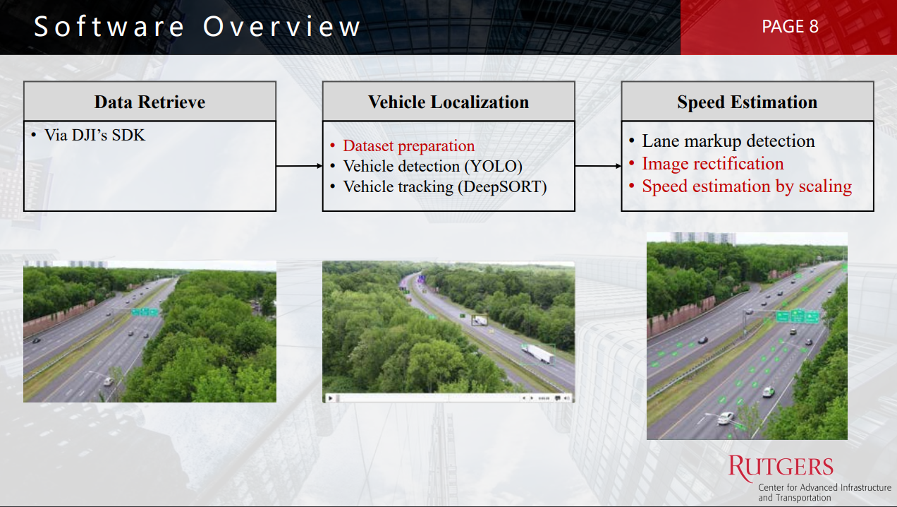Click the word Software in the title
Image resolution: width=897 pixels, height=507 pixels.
(x=109, y=26)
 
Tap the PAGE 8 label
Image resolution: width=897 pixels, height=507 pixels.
(x=790, y=26)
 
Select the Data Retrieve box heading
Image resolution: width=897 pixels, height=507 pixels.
(x=149, y=102)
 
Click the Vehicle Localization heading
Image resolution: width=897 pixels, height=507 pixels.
(x=448, y=102)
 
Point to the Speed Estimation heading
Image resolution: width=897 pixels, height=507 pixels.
(x=747, y=102)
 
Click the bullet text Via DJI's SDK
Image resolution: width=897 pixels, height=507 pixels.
(x=95, y=135)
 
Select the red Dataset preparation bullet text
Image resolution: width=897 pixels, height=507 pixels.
(x=409, y=145)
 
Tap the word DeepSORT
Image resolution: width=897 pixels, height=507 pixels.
(x=502, y=187)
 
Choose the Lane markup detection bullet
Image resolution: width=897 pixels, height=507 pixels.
(x=728, y=141)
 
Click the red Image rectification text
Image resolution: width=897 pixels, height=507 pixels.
(x=713, y=164)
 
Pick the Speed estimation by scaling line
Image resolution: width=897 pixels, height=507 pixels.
(x=747, y=186)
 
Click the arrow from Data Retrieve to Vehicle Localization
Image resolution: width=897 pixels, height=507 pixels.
(x=299, y=166)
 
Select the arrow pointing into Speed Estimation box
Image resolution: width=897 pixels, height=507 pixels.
(x=598, y=166)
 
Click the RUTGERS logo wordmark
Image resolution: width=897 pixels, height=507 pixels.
(x=781, y=467)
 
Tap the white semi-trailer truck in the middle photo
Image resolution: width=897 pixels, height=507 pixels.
(x=539, y=354)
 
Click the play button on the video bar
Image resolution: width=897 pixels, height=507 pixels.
(x=330, y=398)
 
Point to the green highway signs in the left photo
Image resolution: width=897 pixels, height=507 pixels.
(x=145, y=311)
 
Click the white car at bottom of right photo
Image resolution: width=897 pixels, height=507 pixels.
(x=726, y=418)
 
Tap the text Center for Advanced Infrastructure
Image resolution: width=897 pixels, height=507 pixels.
(x=825, y=487)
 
